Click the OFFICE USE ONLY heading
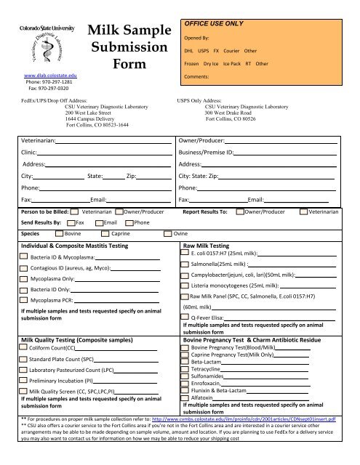(x=212, y=24)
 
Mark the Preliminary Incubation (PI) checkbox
(x=25, y=379)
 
